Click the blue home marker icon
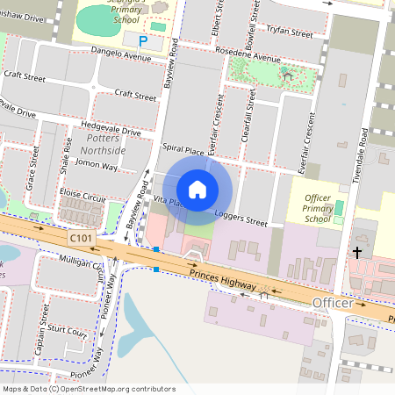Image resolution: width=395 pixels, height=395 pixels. point(197,190)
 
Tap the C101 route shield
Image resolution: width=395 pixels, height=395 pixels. point(82,237)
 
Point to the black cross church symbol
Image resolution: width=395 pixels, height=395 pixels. point(357,253)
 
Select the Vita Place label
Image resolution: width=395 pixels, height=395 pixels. point(168,202)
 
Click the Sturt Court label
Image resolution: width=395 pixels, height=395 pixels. point(68,333)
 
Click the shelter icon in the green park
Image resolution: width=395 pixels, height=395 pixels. point(287,75)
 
